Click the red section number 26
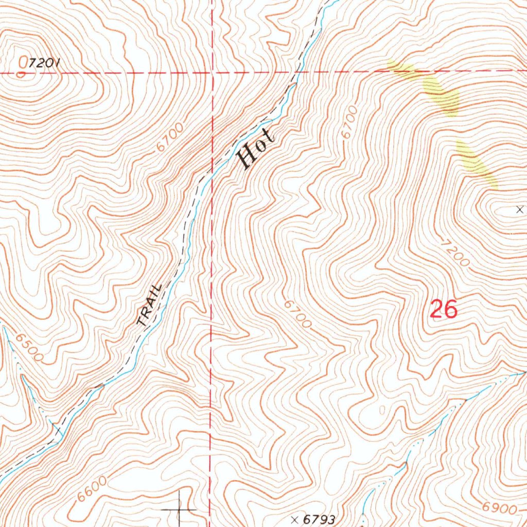tap(443, 310)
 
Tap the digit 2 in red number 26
tap(436, 310)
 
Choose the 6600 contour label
tap(93, 490)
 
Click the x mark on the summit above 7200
tap(519, 209)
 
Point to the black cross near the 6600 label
tap(180, 510)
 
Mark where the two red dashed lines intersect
tap(212, 73)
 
